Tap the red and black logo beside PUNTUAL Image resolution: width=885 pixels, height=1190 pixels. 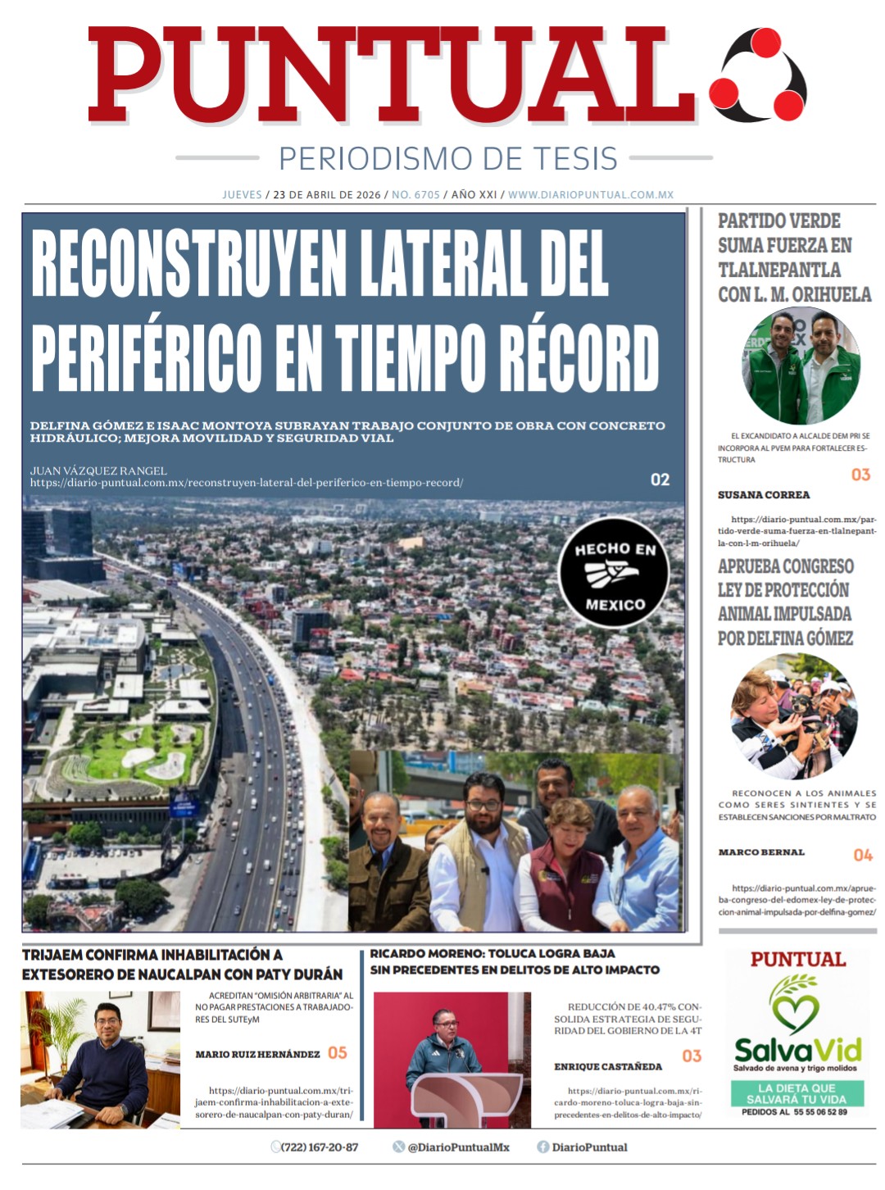point(759,75)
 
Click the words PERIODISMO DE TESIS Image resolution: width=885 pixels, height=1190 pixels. point(447,158)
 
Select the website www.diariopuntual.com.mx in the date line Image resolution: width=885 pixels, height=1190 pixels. point(590,195)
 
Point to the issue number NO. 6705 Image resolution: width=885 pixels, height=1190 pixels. point(415,195)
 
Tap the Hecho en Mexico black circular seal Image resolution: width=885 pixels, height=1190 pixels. point(615,573)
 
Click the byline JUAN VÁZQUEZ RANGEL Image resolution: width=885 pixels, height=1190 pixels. point(98,470)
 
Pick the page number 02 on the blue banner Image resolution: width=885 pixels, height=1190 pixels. point(660,479)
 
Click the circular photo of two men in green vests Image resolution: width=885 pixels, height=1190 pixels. point(801,366)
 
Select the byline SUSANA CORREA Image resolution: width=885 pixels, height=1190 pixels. point(764,495)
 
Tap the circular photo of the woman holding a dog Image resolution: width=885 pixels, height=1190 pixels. point(793,716)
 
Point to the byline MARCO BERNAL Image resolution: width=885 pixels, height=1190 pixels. point(761,852)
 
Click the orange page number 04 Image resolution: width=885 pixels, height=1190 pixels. point(863,855)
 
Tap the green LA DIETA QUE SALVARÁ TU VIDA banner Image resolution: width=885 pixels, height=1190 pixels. point(796,1093)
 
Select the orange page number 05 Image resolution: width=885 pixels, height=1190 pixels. point(338,1052)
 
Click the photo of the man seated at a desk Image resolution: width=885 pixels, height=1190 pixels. point(100,1060)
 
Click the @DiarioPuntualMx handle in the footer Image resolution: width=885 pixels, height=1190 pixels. point(458,1147)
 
